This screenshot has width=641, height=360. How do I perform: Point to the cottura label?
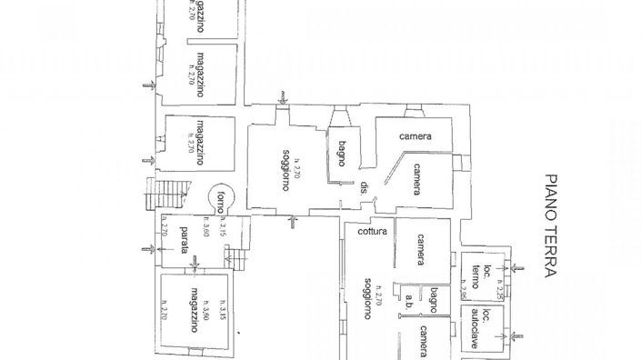373,233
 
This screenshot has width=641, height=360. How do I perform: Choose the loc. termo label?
481,275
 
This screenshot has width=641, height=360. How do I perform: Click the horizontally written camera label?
414,136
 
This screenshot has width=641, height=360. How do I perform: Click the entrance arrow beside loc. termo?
517,267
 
